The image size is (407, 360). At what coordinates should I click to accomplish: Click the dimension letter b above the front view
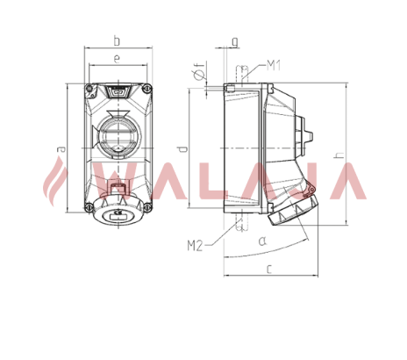(x=117, y=40)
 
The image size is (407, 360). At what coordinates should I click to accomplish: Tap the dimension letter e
(x=117, y=59)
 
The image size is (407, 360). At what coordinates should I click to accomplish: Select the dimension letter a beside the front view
(x=61, y=149)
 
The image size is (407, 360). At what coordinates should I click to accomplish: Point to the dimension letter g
(x=235, y=42)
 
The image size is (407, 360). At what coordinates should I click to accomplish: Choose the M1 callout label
(x=274, y=66)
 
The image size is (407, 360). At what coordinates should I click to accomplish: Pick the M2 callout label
(x=195, y=246)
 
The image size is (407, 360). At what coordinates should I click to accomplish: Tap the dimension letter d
(x=183, y=148)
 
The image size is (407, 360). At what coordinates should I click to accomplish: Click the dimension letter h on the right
(x=339, y=155)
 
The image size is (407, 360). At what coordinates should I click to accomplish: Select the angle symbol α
(x=262, y=241)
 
